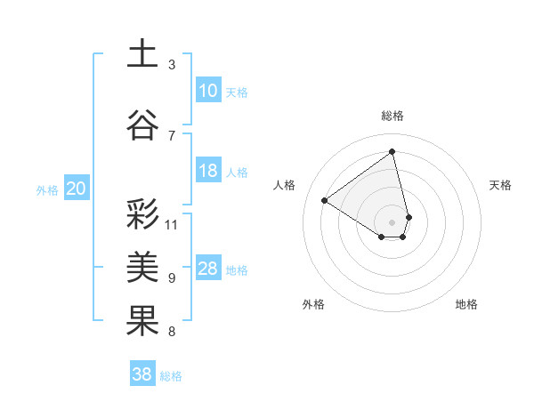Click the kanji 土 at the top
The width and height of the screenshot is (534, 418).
click(142, 53)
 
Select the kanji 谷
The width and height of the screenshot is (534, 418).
click(142, 125)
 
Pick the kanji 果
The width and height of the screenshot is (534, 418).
click(142, 320)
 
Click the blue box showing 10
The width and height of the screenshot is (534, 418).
click(208, 91)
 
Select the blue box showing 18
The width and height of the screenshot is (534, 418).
click(208, 172)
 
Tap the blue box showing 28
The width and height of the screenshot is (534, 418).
click(208, 269)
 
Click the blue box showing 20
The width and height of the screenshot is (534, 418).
click(76, 189)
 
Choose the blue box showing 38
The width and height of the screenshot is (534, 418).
click(142, 374)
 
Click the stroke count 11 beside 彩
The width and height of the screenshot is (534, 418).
click(172, 224)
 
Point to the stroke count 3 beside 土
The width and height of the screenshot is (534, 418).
click(172, 65)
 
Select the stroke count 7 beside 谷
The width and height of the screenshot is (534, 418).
click(172, 135)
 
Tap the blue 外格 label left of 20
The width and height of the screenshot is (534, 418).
click(47, 189)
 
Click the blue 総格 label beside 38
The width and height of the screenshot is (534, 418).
click(171, 376)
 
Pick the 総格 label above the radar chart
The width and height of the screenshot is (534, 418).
click(392, 116)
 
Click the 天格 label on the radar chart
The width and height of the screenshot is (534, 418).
click(501, 185)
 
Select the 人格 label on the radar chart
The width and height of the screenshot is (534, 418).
click(285, 185)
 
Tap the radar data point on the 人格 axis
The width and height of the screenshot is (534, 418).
click(325, 200)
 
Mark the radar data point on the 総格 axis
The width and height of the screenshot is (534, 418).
click(392, 151)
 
